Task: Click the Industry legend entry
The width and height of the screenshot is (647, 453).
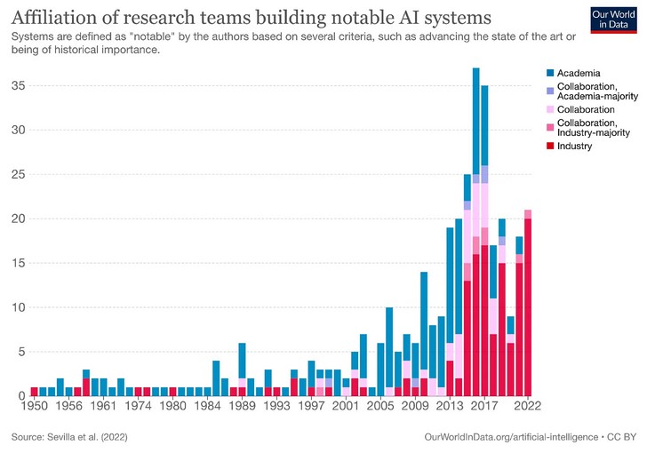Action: pyautogui.click(x=574, y=146)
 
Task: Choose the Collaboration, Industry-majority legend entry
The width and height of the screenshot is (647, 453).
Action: pyautogui.click(x=590, y=127)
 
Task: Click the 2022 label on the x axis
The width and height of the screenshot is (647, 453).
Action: pyautogui.click(x=528, y=406)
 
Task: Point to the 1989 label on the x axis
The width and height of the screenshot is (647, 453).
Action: pyautogui.click(x=242, y=406)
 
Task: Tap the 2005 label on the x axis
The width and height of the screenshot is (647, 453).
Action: pyautogui.click(x=380, y=406)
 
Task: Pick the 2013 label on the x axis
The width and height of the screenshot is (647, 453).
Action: pyautogui.click(x=450, y=406)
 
